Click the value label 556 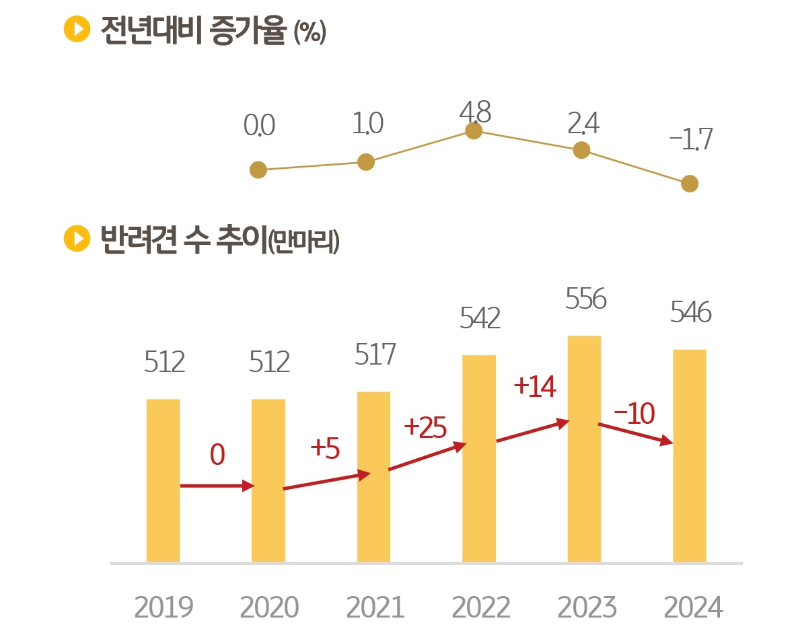[586, 299]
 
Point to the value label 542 [480, 318]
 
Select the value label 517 [375, 355]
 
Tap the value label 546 [690, 313]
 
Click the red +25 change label [425, 428]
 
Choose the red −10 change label [634, 414]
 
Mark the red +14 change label [534, 386]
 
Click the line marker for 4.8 [474, 131]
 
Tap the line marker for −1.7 [690, 184]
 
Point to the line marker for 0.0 [258, 170]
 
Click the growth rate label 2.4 [583, 124]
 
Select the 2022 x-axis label [480, 607]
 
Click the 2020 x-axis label [269, 607]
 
